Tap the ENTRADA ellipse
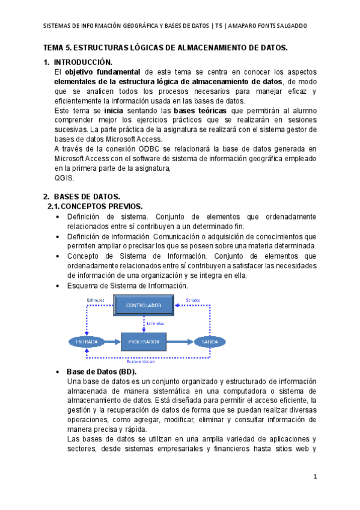pyautogui.click(x=87, y=342)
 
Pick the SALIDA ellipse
pyautogui.click(x=210, y=342)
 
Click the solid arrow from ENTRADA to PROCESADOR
pyautogui.click(x=112, y=342)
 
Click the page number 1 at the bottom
pyautogui.click(x=314, y=476)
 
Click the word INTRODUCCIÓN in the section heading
pyautogui.click(x=83, y=62)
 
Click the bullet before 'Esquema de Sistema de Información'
pyautogui.click(x=56, y=286)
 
